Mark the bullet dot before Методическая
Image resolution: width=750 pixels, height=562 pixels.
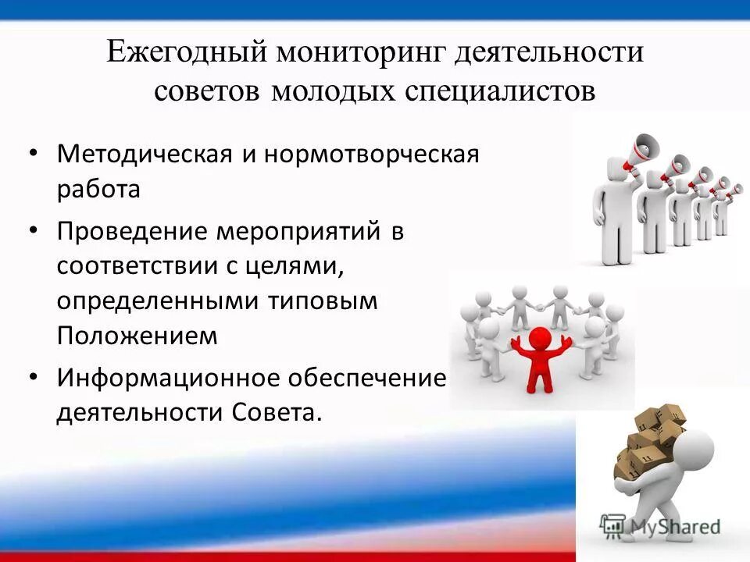click(32, 151)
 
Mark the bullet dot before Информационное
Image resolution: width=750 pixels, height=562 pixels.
click(32, 377)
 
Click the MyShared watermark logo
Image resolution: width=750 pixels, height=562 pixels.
click(660, 525)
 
